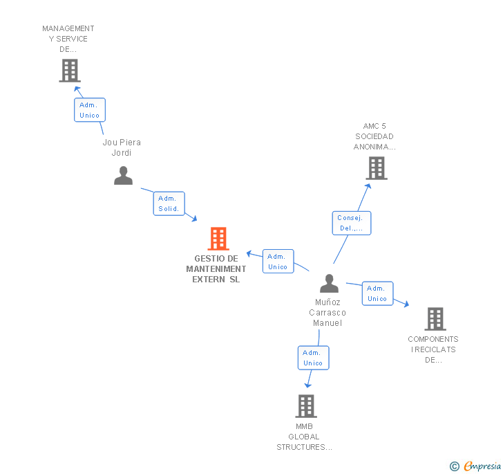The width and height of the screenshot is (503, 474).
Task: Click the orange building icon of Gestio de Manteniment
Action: [x=218, y=239]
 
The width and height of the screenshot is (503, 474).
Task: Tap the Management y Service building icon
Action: [x=69, y=71]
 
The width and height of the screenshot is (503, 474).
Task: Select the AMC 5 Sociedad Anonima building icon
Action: [x=376, y=168]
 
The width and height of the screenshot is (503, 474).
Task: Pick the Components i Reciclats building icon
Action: [x=435, y=319]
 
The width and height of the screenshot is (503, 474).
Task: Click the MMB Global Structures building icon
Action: [x=305, y=406]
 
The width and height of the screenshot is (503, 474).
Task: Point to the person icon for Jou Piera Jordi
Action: [x=123, y=176]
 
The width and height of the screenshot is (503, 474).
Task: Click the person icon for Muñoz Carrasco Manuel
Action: [x=329, y=284]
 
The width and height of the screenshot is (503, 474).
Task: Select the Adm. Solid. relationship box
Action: [x=169, y=203]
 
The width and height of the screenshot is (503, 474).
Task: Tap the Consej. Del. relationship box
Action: [x=351, y=223]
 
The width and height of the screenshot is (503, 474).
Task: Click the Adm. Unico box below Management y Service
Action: [x=89, y=110]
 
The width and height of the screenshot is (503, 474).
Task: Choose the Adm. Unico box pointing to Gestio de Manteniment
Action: [x=278, y=262]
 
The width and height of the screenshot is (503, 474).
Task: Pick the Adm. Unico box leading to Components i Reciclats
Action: [x=377, y=293]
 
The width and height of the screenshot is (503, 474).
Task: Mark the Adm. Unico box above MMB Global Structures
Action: [x=313, y=358]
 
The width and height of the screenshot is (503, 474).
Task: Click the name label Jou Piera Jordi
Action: [x=122, y=147]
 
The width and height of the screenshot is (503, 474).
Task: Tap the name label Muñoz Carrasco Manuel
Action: [x=329, y=313]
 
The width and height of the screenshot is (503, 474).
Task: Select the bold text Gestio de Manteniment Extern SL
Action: [x=216, y=269]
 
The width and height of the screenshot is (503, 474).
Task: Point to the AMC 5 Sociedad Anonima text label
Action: [x=374, y=136]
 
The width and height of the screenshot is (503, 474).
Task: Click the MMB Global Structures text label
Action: [x=304, y=437]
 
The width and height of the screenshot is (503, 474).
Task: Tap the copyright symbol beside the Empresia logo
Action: [x=454, y=466]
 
